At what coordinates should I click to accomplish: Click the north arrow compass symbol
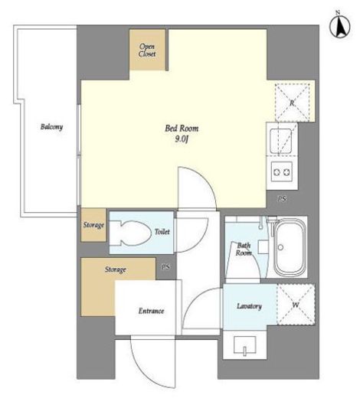pyautogui.click(x=340, y=27)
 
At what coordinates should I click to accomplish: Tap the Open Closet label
pyautogui.click(x=147, y=50)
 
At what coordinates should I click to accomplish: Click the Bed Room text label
pyautogui.click(x=182, y=128)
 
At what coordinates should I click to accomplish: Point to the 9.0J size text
pyautogui.click(x=182, y=139)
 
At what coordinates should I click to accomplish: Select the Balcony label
pyautogui.click(x=51, y=127)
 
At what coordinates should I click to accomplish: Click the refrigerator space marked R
pyautogui.click(x=293, y=103)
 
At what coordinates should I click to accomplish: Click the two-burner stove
pyautogui.click(x=282, y=171)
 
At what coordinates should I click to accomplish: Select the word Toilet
pyautogui.click(x=162, y=232)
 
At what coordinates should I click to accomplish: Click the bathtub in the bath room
pyautogui.click(x=290, y=247)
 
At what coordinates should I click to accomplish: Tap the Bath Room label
pyautogui.click(x=244, y=250)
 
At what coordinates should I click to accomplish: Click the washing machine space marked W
pyautogui.click(x=296, y=305)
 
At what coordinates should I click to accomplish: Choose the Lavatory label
pyautogui.click(x=249, y=306)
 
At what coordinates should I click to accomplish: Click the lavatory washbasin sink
pyautogui.click(x=245, y=345)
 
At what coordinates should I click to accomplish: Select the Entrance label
pyautogui.click(x=151, y=311)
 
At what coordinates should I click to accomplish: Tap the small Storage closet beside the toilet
pyautogui.click(x=93, y=225)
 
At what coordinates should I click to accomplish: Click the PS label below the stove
pyautogui.click(x=282, y=199)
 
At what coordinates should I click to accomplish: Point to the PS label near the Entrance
pyautogui.click(x=165, y=267)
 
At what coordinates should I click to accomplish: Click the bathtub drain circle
pyautogui.click(x=281, y=247)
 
